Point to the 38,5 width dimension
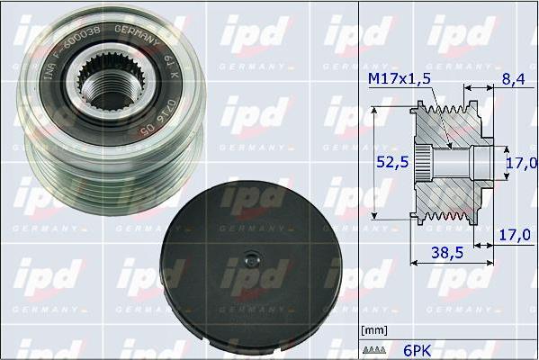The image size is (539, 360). tap(447, 255)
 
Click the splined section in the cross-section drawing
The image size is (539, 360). tap(428, 164)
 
